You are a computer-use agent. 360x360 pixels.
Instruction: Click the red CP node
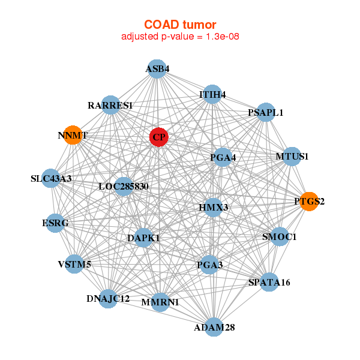tap(159, 137)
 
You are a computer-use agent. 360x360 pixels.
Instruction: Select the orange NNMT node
tap(73, 135)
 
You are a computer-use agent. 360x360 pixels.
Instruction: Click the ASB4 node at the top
tap(157, 69)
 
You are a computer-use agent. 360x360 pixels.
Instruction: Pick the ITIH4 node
tap(212, 94)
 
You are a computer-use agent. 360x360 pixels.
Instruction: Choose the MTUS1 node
tap(292, 157)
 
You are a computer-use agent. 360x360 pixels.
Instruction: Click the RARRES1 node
tap(110, 105)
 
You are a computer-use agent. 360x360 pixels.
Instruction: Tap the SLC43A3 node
tap(51, 178)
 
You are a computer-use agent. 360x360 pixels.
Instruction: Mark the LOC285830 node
tap(124, 187)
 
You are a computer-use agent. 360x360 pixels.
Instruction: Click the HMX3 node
tap(214, 208)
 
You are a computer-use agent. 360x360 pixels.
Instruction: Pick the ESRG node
tap(55, 223)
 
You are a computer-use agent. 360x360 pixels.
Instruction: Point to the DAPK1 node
tap(144, 238)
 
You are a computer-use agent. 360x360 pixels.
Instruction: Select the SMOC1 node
tap(280, 236)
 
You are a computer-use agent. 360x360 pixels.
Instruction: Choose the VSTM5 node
tap(74, 264)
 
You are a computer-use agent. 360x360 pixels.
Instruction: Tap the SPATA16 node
tap(269, 282)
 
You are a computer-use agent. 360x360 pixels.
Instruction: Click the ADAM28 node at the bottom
tap(214, 328)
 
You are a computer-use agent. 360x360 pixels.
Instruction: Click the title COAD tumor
tap(180, 25)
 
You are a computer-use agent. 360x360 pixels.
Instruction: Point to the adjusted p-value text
tap(180, 37)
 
